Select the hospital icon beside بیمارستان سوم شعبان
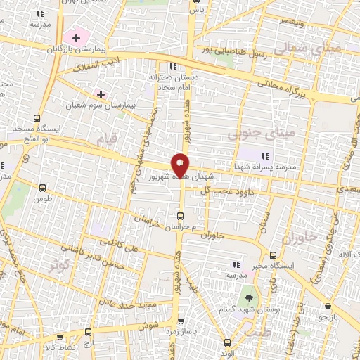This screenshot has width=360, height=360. pyautogui.click(x=101, y=94)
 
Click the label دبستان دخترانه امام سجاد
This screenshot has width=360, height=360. pyautogui.click(x=172, y=81)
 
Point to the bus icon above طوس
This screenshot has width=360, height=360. pyautogui.click(x=42, y=188)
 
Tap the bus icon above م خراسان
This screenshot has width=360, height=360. pyautogui.click(x=181, y=216)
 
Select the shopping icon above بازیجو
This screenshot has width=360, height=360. pyautogui.click(x=328, y=306)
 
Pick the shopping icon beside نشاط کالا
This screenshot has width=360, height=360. pyautogui.click(x=88, y=331)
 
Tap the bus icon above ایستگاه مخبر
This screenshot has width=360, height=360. pyautogui.click(x=272, y=255)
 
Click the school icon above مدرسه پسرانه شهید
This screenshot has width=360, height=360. pyautogui.click(x=265, y=155)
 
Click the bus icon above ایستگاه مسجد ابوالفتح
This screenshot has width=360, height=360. pyautogui.click(x=37, y=118)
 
